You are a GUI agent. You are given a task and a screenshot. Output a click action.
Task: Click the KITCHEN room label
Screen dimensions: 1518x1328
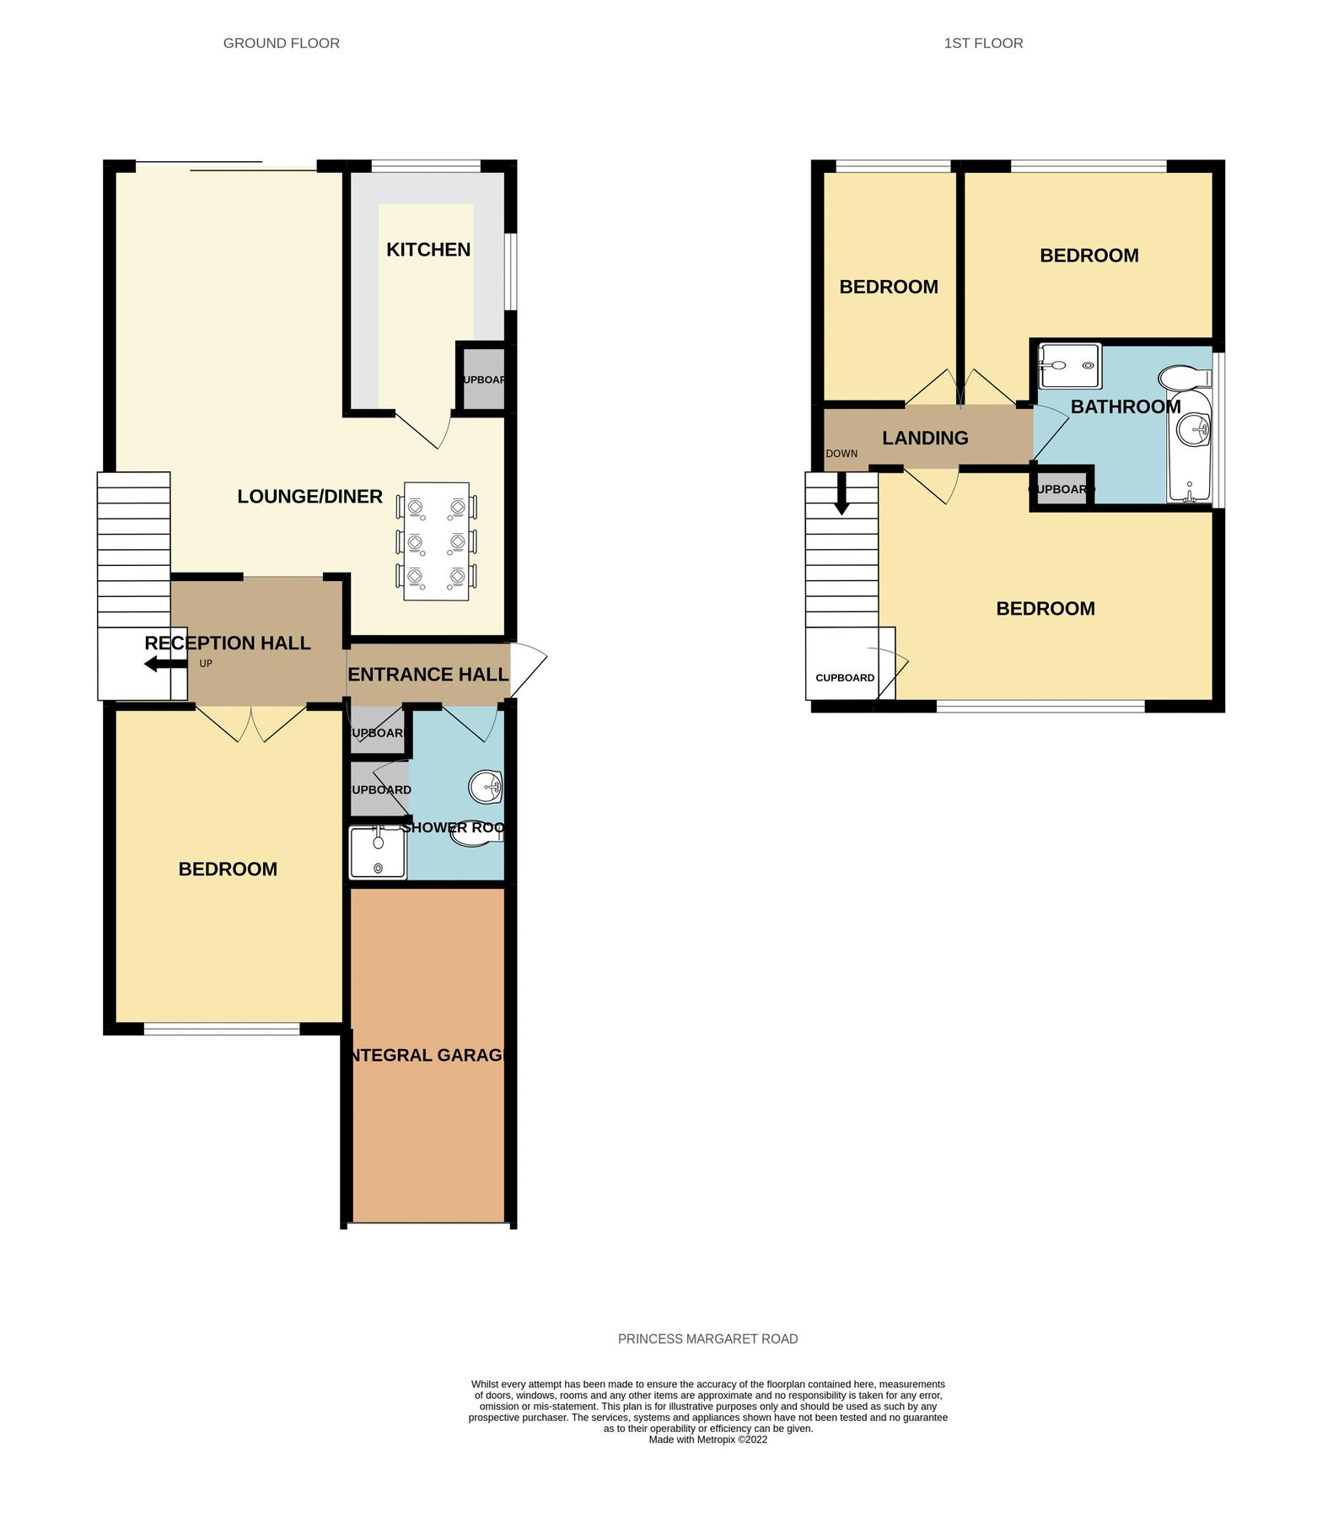(x=427, y=250)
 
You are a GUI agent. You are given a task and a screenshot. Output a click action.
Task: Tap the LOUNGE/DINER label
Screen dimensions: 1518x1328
(x=309, y=497)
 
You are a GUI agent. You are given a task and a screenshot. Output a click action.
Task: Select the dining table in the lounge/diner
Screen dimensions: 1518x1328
(x=436, y=541)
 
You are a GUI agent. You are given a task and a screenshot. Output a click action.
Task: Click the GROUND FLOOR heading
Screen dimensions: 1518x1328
(x=281, y=43)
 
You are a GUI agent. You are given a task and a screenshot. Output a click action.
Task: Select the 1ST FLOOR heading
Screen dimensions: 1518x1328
(x=982, y=43)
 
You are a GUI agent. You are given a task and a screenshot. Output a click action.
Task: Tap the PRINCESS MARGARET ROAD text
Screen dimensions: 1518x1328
(x=707, y=1338)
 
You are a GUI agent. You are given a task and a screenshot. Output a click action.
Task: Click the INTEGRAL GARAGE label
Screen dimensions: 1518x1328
(x=427, y=1055)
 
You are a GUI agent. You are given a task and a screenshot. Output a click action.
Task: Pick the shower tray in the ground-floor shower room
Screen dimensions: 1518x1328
(x=378, y=853)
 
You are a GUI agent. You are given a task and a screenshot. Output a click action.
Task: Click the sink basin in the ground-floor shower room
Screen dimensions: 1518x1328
(x=486, y=788)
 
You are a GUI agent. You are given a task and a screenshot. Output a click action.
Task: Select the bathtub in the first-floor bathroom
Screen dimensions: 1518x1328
(x=1189, y=447)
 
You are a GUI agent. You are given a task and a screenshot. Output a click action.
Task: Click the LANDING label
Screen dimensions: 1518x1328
(x=925, y=439)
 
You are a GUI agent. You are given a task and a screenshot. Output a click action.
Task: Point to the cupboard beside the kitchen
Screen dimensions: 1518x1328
(x=481, y=379)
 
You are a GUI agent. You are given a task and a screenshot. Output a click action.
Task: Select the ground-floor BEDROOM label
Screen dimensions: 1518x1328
(x=228, y=869)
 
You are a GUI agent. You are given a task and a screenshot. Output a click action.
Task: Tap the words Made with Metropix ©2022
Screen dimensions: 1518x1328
(x=707, y=1440)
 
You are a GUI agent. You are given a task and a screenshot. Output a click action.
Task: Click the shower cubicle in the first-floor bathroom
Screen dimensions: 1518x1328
(x=1068, y=366)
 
